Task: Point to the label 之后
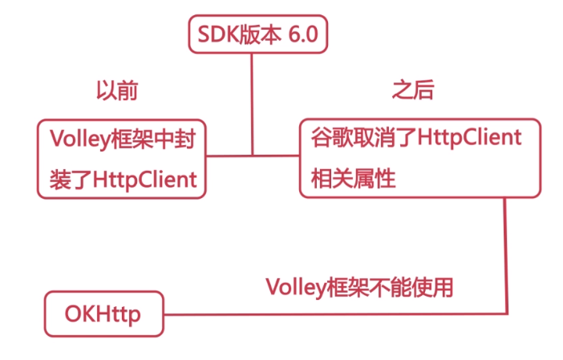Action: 413,90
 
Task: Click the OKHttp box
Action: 103,313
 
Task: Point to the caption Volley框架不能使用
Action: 365,286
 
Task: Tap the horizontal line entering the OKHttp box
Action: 321,313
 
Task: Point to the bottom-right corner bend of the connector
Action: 505,313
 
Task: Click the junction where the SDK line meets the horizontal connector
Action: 253,155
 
